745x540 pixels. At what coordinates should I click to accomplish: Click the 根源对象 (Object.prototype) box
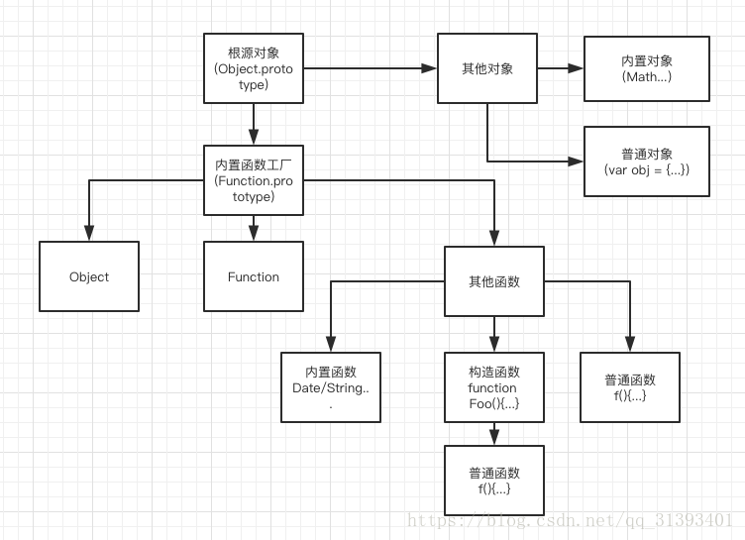tap(253, 68)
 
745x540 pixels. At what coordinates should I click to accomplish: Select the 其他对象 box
tap(487, 68)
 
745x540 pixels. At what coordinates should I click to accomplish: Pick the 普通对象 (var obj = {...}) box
tap(646, 161)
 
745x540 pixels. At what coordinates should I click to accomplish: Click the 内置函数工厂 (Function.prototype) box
tap(253, 180)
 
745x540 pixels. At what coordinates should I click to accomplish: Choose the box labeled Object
tap(89, 276)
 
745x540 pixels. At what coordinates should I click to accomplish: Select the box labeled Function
tap(253, 276)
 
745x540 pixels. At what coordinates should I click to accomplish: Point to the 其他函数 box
tap(493, 281)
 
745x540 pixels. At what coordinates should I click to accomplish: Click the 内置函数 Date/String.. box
tap(331, 387)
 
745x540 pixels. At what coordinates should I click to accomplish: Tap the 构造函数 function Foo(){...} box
tap(493, 387)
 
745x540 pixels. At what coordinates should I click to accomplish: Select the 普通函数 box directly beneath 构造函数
tap(493, 480)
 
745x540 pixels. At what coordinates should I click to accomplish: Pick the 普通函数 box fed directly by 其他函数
tap(629, 387)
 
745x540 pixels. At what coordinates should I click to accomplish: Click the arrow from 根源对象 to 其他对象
tap(369, 68)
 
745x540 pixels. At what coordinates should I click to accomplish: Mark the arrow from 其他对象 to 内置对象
tap(560, 68)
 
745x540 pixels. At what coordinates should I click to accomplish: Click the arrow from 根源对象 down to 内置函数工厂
tap(253, 123)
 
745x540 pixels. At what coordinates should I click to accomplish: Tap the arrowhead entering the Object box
tap(89, 234)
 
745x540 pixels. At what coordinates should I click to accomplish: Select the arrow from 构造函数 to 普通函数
tap(493, 433)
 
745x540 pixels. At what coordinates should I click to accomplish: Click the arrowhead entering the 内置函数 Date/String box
tap(331, 345)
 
